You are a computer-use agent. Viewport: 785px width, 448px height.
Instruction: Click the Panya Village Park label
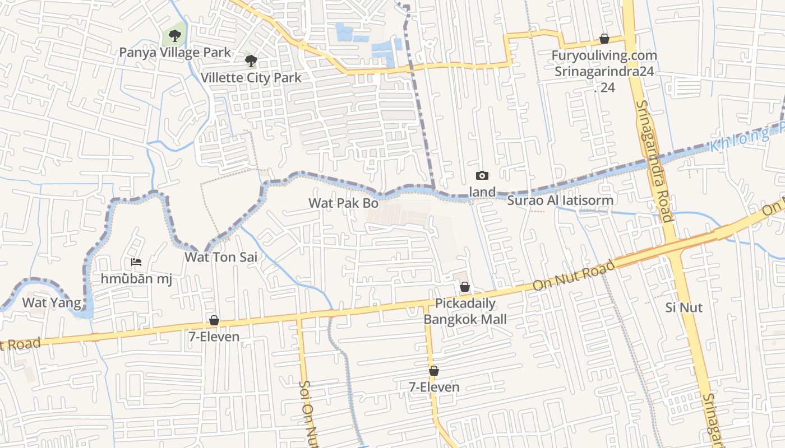coord(174,53)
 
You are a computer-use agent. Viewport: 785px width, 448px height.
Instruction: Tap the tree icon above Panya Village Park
coord(175,36)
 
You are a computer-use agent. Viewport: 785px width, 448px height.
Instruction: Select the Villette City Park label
coord(251,78)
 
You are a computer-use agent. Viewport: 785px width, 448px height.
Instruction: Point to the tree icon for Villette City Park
coord(251,60)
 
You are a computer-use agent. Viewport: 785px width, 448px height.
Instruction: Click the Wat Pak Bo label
coord(344,203)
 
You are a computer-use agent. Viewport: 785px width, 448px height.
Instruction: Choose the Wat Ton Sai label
coord(221,258)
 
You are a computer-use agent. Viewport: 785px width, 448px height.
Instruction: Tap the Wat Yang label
coord(47,302)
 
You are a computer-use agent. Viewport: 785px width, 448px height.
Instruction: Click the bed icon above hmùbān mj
coord(136,262)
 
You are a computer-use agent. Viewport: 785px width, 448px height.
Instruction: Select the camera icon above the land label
coord(482,176)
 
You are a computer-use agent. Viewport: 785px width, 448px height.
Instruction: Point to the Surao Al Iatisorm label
coord(560,200)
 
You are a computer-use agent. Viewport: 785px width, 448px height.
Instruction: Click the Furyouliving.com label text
coord(604,55)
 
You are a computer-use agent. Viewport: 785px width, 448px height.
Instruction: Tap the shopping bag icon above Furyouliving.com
coord(604,39)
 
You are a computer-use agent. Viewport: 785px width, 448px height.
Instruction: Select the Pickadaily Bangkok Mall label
coord(465,311)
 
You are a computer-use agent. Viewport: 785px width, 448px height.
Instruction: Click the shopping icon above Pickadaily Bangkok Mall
coord(465,287)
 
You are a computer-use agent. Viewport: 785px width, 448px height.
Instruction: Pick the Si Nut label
coord(684,307)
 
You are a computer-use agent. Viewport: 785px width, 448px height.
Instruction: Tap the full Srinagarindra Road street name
coord(654,161)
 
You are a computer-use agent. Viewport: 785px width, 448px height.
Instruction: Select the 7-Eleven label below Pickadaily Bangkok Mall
coord(433,387)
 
